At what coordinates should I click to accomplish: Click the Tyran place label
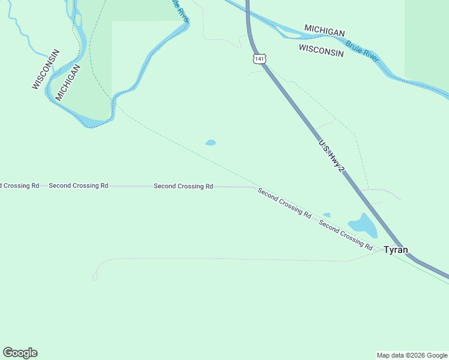pyautogui.click(x=396, y=250)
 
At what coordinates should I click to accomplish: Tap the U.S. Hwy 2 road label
pyautogui.click(x=331, y=157)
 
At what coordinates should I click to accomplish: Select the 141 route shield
pyautogui.click(x=259, y=58)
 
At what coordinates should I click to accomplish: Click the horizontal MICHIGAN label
pyautogui.click(x=324, y=31)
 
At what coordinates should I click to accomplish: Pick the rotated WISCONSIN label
pyautogui.click(x=46, y=69)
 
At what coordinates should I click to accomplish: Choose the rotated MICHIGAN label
pyautogui.click(x=68, y=82)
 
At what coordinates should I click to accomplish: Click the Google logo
pyautogui.click(x=20, y=353)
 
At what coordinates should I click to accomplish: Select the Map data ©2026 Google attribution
pyautogui.click(x=412, y=355)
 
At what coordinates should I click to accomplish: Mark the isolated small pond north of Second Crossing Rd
pyautogui.click(x=211, y=143)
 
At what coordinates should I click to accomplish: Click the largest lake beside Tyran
pyautogui.click(x=363, y=226)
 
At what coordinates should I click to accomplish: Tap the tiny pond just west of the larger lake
pyautogui.click(x=327, y=215)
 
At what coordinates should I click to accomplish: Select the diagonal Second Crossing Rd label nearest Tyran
pyautogui.click(x=345, y=234)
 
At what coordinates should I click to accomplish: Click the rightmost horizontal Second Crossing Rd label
pyautogui.click(x=183, y=187)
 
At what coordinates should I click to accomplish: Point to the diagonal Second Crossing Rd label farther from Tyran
pyautogui.click(x=284, y=203)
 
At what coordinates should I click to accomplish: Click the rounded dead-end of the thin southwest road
pyautogui.click(x=95, y=277)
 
